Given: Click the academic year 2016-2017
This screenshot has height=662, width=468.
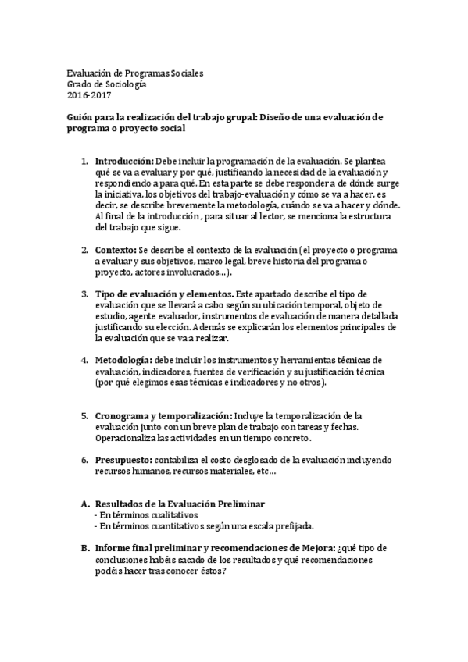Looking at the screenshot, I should (89, 95).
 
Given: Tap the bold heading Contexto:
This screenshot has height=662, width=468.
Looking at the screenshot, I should (114, 250).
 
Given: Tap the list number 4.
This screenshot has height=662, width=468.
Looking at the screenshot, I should (85, 360).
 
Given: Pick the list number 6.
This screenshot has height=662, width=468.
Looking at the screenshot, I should (85, 461).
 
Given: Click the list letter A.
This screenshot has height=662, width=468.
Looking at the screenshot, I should (85, 505).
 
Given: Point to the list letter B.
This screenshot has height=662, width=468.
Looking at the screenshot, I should (85, 548).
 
